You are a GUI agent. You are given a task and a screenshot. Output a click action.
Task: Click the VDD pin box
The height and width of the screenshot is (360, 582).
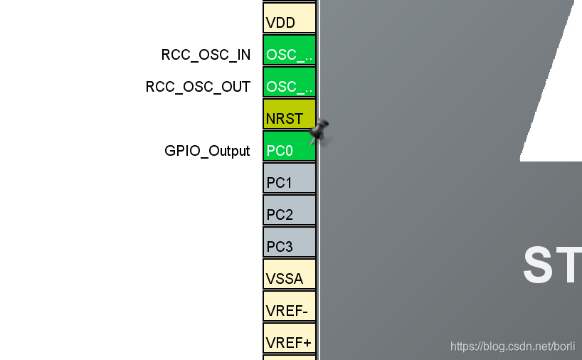[289, 18]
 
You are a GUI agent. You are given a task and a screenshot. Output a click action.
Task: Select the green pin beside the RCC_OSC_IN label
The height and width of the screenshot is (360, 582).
[289, 50]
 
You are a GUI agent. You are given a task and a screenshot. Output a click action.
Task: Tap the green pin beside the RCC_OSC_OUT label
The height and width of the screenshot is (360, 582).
[289, 82]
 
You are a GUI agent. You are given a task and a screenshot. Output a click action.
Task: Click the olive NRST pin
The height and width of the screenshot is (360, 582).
[289, 114]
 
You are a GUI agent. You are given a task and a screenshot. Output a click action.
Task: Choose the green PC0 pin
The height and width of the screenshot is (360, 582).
[289, 146]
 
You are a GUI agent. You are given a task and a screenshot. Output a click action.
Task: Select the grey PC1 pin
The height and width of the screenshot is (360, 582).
[289, 178]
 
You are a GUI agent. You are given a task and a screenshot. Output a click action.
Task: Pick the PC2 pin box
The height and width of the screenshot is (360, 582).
[289, 210]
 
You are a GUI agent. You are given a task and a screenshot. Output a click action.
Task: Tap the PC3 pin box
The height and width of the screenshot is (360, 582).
[289, 242]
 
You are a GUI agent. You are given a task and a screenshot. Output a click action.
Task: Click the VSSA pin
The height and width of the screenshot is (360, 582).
[289, 274]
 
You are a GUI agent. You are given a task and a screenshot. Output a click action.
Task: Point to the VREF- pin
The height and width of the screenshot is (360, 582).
[289, 306]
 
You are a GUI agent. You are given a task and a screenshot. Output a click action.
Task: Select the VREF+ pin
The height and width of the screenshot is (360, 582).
[289, 338]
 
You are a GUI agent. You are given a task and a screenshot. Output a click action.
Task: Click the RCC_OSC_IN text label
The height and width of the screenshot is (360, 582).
[206, 55]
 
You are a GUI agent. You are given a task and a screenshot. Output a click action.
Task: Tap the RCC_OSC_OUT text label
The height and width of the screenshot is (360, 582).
[198, 87]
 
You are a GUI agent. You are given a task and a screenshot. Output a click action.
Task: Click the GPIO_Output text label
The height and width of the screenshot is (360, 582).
[207, 151]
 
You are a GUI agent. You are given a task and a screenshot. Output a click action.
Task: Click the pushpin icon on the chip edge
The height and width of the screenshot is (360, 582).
[319, 131]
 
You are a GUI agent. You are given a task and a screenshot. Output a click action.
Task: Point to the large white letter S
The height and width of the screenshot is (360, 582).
[540, 265]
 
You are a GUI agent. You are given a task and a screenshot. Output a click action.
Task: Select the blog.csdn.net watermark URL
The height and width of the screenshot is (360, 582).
[513, 346]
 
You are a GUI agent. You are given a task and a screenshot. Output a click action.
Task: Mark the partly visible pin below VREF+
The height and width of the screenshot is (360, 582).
[289, 357]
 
